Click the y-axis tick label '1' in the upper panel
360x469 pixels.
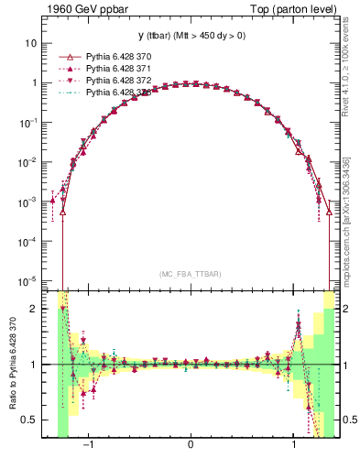pos(33,82)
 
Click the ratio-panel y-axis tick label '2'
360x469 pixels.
pos(33,310)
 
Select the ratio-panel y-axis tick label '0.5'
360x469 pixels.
pos(29,420)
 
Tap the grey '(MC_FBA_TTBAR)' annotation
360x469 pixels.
pos(191,274)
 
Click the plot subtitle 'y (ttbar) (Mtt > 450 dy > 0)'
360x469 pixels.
pos(191,36)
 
